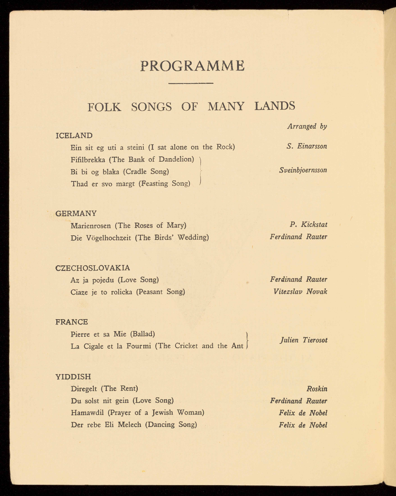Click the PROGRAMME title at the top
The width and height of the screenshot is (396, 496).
(x=192, y=66)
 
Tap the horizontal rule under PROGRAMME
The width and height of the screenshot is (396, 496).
(x=191, y=83)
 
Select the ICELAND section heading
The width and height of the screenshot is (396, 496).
(x=74, y=136)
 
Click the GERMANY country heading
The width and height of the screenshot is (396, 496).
(x=76, y=213)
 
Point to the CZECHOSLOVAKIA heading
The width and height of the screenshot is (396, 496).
(x=93, y=268)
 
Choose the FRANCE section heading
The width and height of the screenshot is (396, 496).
(x=72, y=322)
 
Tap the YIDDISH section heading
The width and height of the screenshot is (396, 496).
(x=73, y=377)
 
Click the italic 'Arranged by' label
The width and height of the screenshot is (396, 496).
(x=307, y=126)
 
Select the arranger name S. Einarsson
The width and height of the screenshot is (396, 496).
(x=307, y=146)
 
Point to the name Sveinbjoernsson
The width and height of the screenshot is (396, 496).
(x=303, y=170)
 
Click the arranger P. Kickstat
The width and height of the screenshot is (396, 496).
(x=309, y=224)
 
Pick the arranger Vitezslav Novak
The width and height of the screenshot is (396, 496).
(x=300, y=292)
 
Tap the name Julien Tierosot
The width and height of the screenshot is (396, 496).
(x=303, y=340)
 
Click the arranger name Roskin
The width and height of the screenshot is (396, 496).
(x=317, y=389)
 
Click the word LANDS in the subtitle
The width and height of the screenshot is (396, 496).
(x=275, y=106)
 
